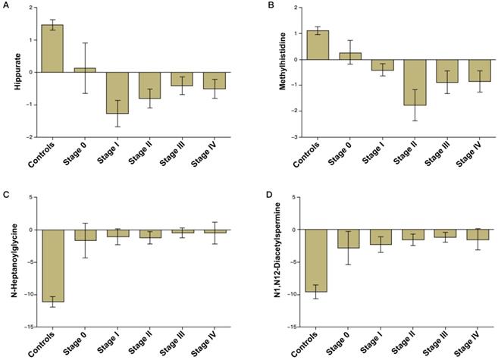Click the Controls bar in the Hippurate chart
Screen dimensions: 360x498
click(52, 49)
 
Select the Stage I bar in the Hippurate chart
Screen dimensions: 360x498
click(117, 92)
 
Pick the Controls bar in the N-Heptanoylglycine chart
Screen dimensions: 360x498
click(52, 265)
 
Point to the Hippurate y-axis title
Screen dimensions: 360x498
click(17, 72)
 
